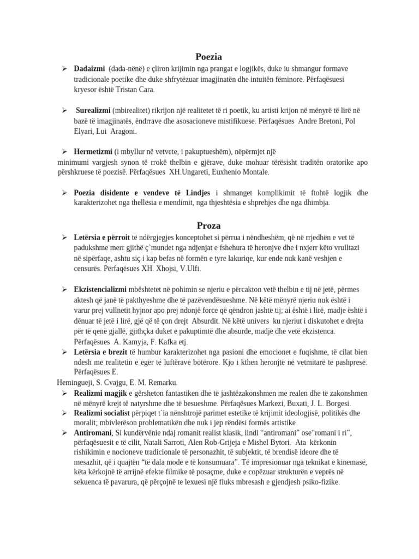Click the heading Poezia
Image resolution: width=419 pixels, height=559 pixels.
coord(209,56)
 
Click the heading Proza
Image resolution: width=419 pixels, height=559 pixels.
coord(209,225)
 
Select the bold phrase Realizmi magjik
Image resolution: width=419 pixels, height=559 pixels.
coord(100,393)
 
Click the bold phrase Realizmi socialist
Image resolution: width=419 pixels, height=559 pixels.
coord(102,413)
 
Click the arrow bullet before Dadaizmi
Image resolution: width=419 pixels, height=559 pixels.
coord(64,69)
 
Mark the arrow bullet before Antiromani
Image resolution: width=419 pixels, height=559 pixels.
coord(64,433)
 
